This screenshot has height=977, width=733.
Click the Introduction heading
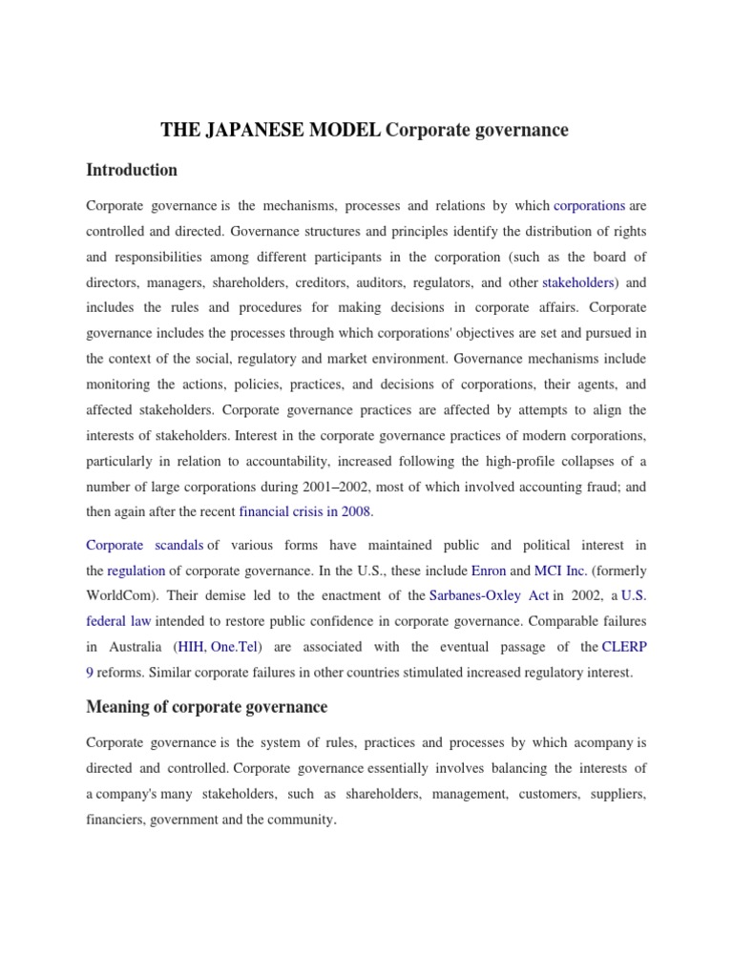[x=132, y=171]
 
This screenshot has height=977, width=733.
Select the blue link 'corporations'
[x=589, y=205]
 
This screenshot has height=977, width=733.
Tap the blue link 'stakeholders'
[x=578, y=282]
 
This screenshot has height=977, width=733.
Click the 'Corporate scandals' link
[x=144, y=545]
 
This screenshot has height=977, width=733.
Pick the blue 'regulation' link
[x=136, y=571]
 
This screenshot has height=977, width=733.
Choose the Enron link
[x=488, y=571]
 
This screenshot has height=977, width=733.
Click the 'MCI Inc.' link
[x=562, y=571]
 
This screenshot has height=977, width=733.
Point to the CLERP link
[x=624, y=647]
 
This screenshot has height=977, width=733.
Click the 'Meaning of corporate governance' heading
[x=206, y=707]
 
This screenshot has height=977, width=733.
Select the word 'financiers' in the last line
[x=114, y=819]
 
